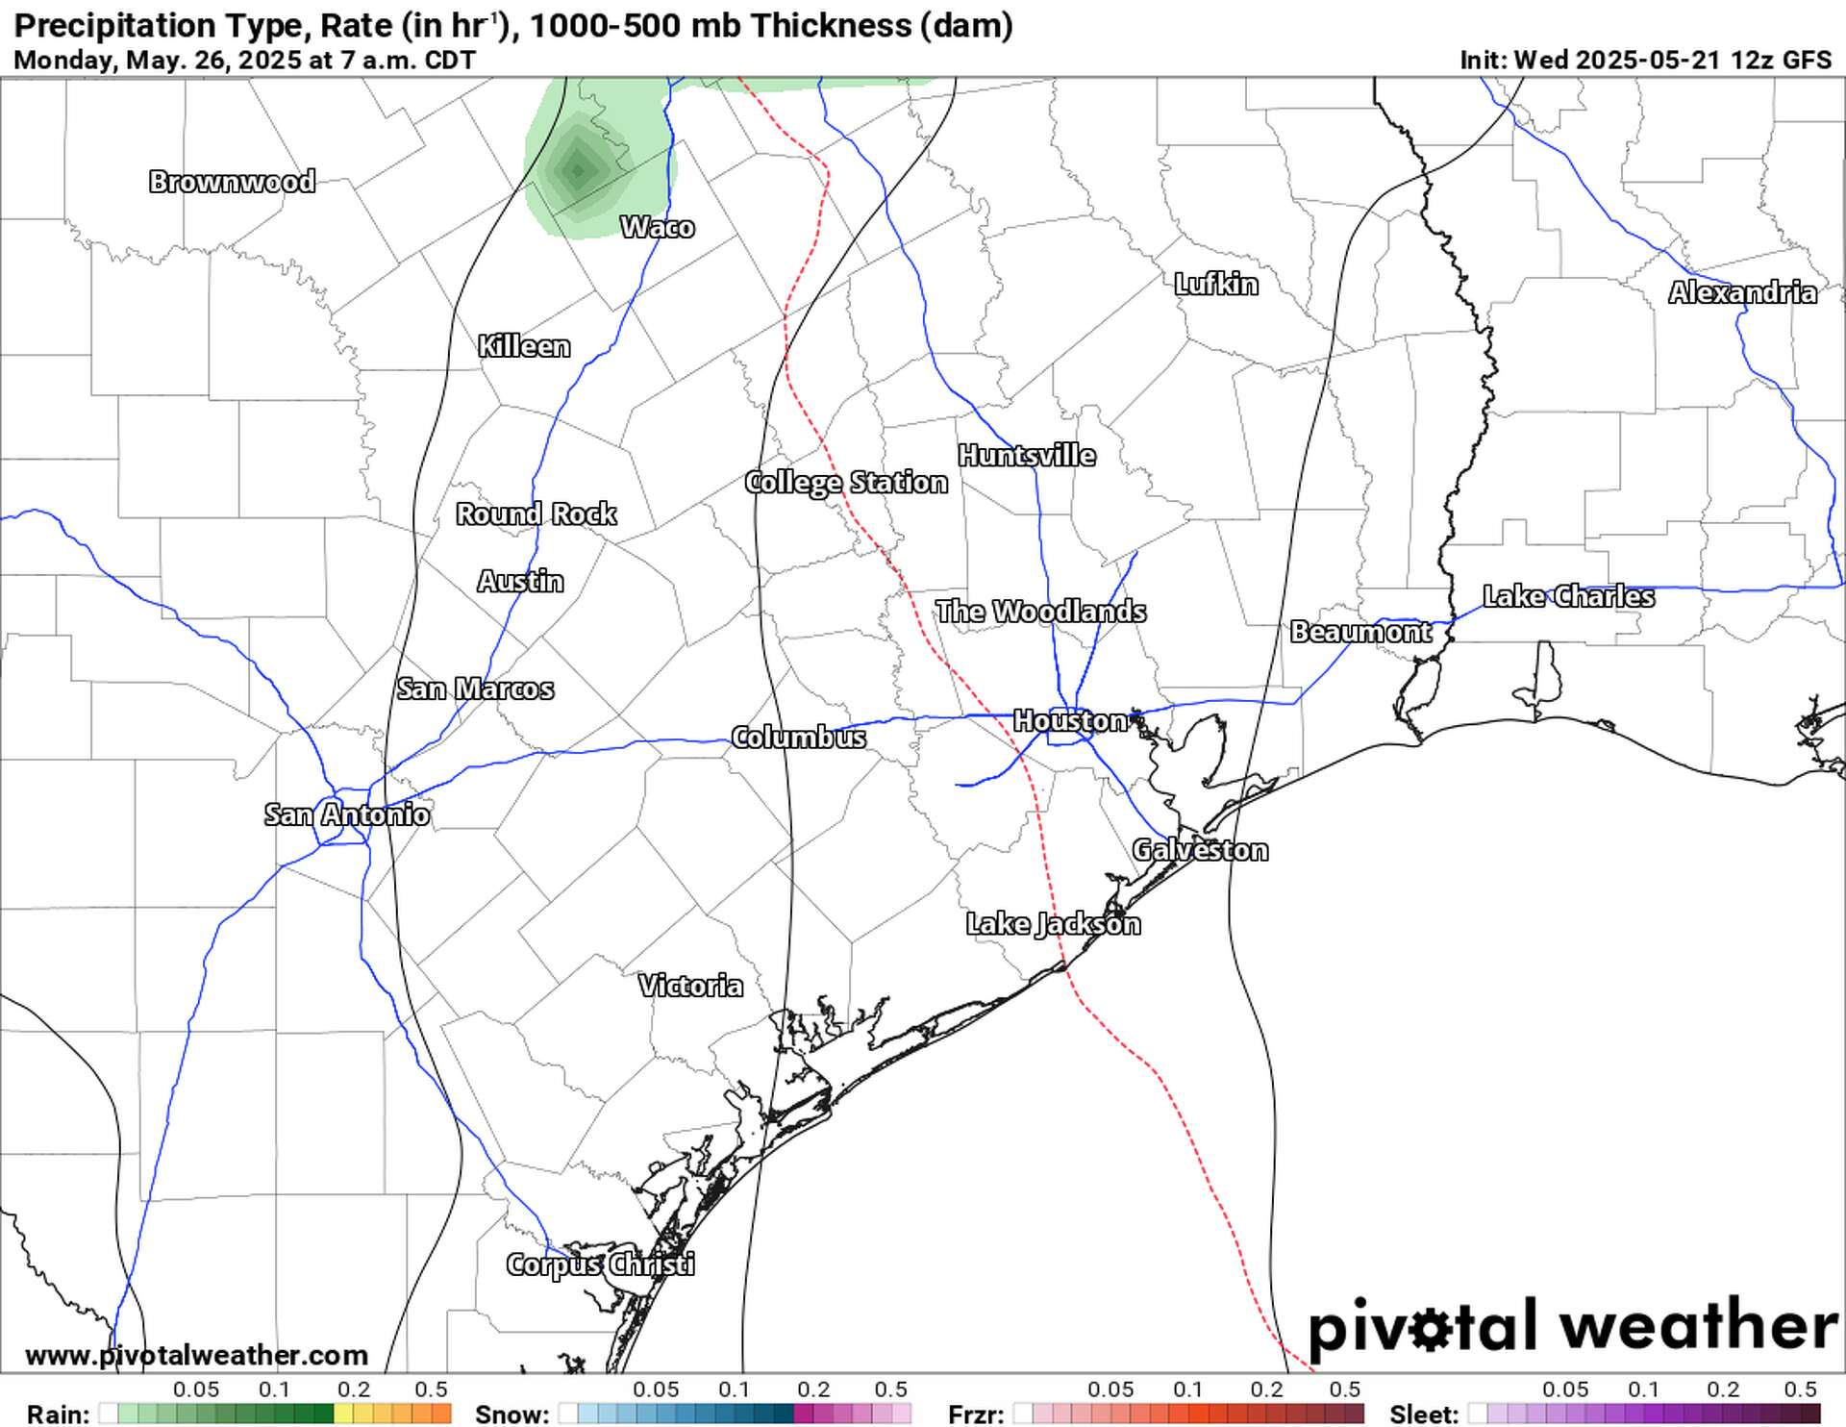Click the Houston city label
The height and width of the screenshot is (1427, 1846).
(1069, 721)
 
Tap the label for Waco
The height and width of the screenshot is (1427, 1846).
(658, 228)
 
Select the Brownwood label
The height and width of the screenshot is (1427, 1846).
(232, 182)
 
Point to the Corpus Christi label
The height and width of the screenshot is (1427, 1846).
(600, 1264)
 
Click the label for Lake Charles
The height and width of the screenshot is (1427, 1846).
(1568, 597)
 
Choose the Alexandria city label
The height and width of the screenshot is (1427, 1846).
(1742, 293)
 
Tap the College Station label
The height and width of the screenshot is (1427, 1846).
(846, 483)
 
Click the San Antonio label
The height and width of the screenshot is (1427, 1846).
(347, 815)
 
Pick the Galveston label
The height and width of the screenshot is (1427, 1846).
(1200, 851)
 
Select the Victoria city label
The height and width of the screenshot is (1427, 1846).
(690, 987)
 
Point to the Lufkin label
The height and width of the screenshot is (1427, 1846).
(1216, 285)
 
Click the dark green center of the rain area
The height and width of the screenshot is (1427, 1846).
(577, 171)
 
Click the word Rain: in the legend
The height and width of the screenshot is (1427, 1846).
(59, 1414)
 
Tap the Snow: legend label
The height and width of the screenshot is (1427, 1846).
(512, 1414)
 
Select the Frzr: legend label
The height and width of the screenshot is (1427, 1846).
(976, 1414)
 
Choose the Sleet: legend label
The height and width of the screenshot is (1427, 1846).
(1424, 1414)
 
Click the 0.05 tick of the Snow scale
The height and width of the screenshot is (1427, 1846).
(656, 1390)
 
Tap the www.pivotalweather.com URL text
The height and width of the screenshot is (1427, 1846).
(196, 1356)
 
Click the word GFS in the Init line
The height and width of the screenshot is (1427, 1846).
(1807, 60)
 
